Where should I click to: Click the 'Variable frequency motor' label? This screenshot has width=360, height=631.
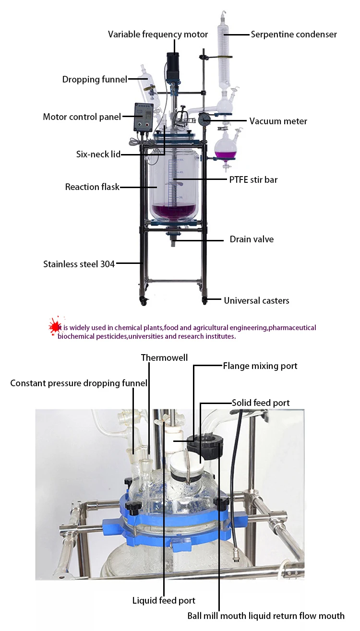[158, 35]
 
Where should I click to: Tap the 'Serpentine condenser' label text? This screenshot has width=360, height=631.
[294, 35]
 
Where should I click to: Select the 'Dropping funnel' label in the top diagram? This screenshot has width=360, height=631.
[95, 80]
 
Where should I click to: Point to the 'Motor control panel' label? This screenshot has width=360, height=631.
[82, 117]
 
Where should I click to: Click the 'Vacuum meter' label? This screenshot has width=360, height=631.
[278, 121]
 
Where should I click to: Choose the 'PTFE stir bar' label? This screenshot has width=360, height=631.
[253, 180]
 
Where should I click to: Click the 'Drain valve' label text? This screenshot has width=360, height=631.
[252, 239]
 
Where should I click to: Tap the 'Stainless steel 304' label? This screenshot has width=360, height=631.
[79, 263]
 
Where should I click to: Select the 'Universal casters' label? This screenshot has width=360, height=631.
[256, 301]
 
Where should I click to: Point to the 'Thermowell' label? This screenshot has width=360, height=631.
[164, 357]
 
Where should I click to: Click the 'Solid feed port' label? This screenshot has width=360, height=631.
[261, 403]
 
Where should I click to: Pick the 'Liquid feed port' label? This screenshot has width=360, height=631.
[164, 600]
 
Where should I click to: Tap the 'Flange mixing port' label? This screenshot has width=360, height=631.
[260, 366]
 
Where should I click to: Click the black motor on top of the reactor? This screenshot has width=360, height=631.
[172, 63]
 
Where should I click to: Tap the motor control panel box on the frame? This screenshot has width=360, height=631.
[145, 117]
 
